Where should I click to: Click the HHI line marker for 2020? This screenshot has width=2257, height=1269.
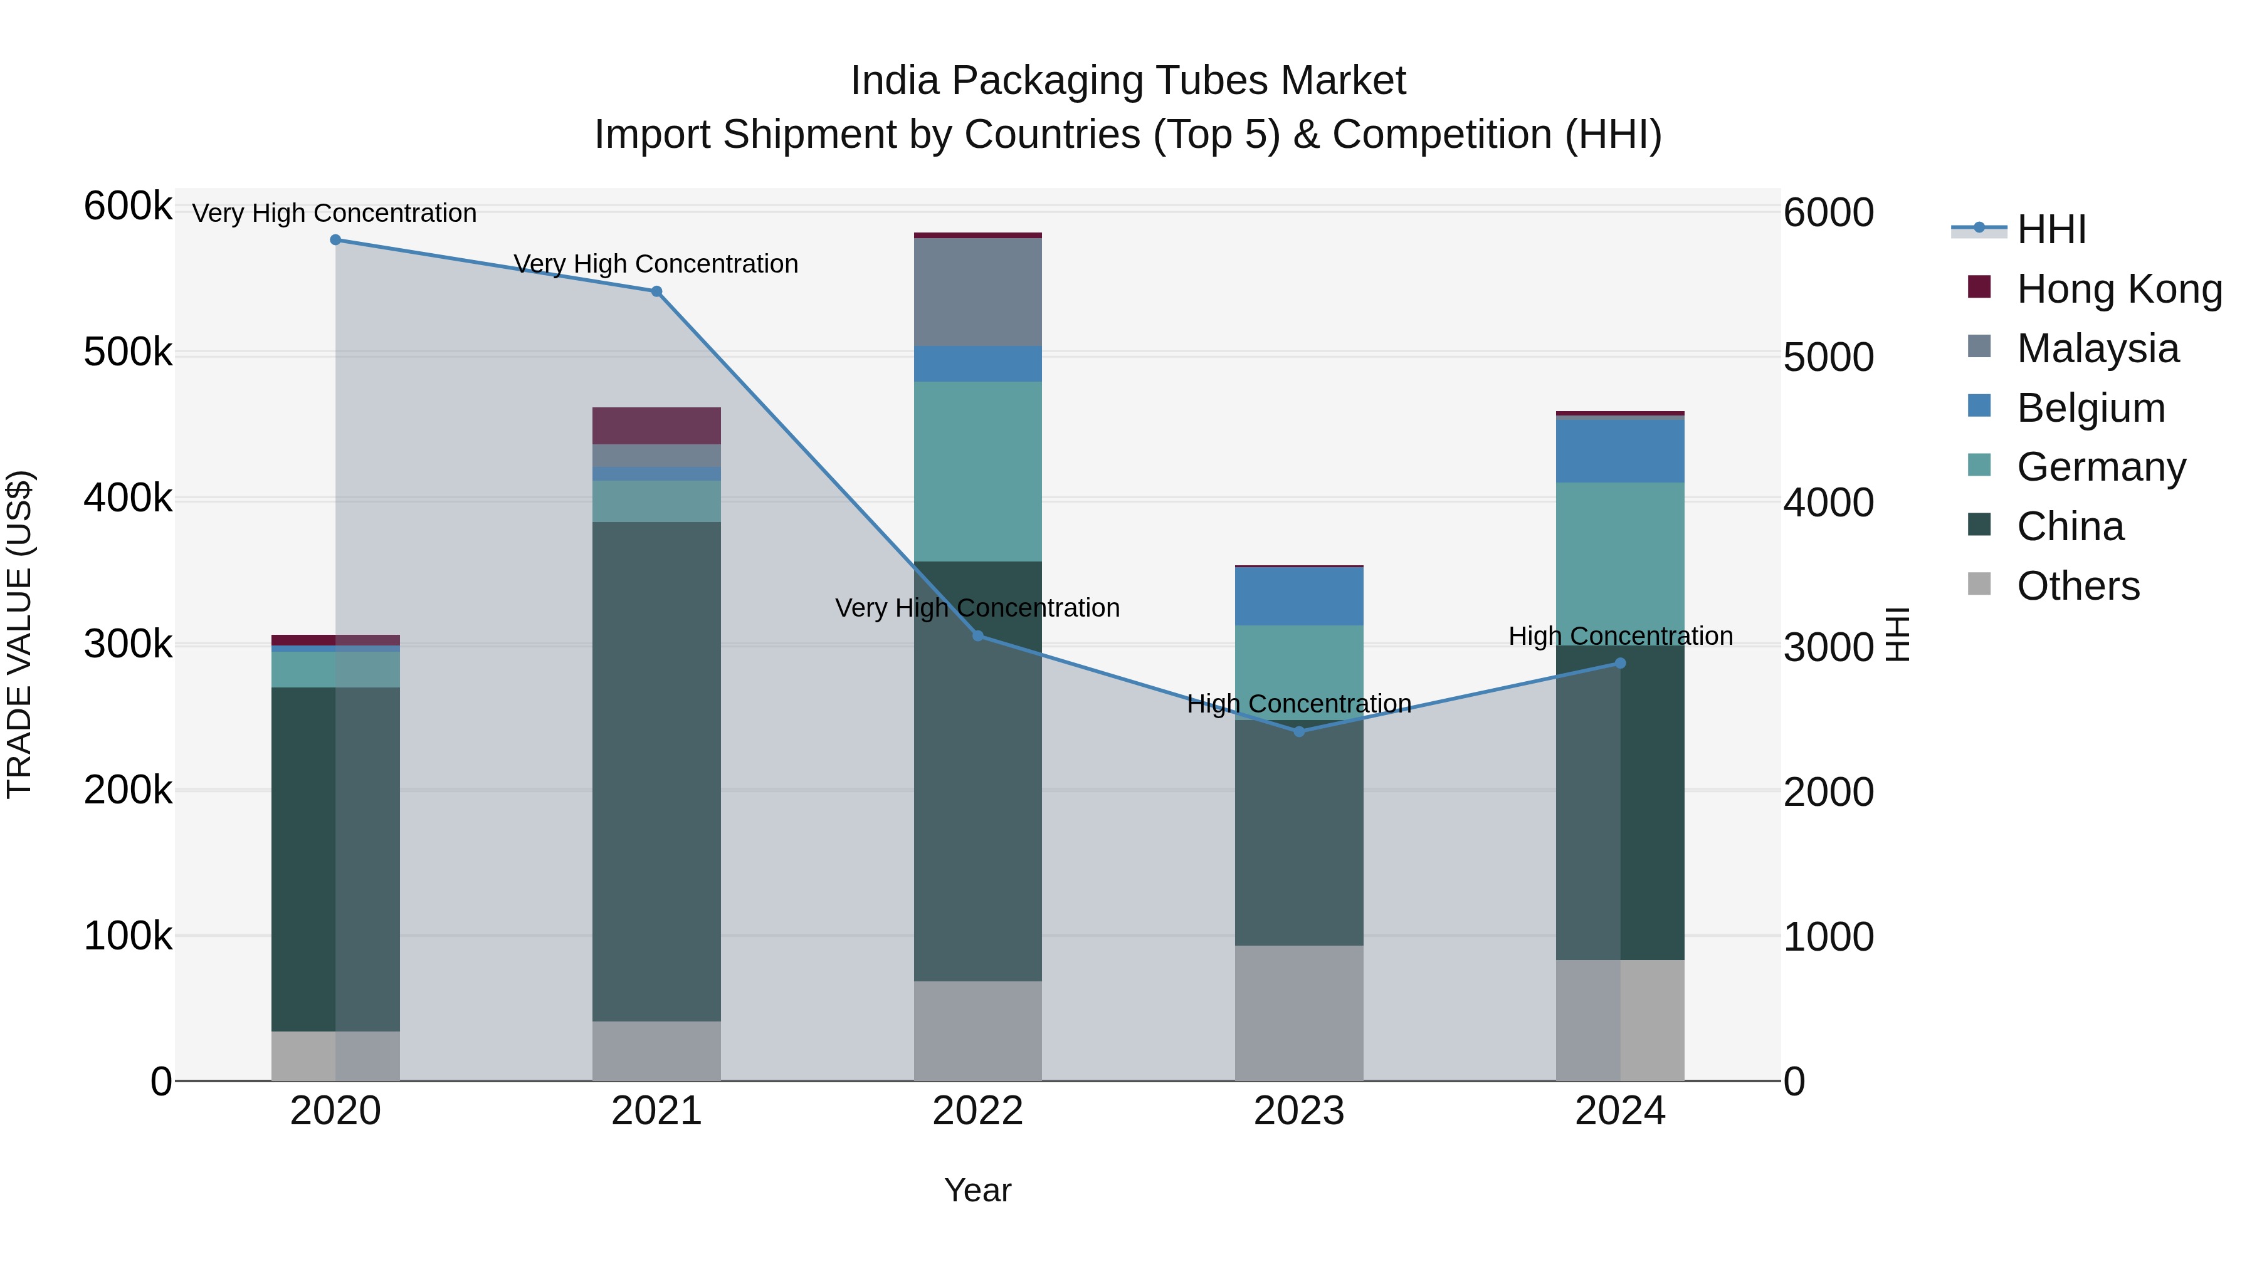pyautogui.click(x=335, y=240)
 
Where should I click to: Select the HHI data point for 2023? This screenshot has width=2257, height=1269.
pyautogui.click(x=1300, y=731)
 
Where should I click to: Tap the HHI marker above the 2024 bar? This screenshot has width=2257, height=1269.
pyautogui.click(x=1620, y=664)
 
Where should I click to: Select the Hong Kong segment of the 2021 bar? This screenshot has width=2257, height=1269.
pyautogui.click(x=656, y=426)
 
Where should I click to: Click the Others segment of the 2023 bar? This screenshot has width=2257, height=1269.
pyautogui.click(x=1300, y=1013)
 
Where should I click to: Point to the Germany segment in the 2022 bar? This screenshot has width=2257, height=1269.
pyautogui.click(x=978, y=471)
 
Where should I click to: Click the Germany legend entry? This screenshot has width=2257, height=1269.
pyautogui.click(x=2101, y=467)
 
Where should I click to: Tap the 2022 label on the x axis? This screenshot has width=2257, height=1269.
pyautogui.click(x=978, y=1111)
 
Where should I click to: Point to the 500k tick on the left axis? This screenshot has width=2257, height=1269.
pyautogui.click(x=128, y=353)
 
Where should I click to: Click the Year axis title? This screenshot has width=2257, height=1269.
pyautogui.click(x=978, y=1190)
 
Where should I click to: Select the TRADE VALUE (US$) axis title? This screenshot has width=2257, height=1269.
pyautogui.click(x=20, y=634)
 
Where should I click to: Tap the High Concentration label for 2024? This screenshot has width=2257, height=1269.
pyautogui.click(x=1620, y=637)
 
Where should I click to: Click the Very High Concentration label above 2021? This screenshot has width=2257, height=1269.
pyautogui.click(x=656, y=264)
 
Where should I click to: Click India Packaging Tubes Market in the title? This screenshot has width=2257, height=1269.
pyautogui.click(x=1128, y=81)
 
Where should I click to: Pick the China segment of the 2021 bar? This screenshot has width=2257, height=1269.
pyautogui.click(x=656, y=771)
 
